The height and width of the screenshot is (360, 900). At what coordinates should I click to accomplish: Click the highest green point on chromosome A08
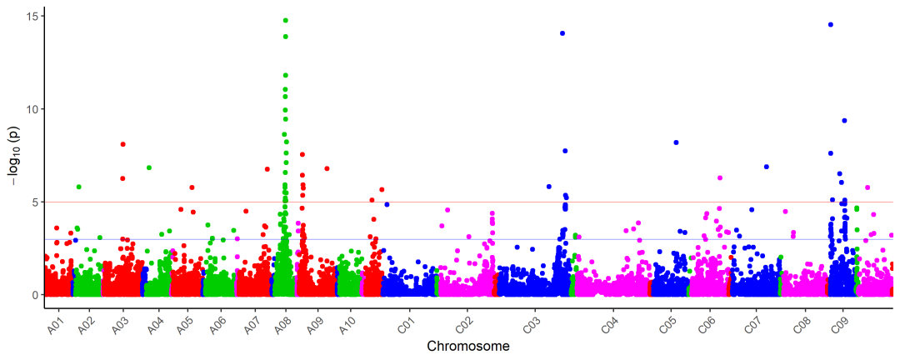286,20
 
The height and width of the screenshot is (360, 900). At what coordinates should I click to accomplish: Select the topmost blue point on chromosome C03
562,33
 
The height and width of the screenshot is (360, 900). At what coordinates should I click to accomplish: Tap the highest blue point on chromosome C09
831,25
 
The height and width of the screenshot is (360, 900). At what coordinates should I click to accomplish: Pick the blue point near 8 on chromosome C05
676,142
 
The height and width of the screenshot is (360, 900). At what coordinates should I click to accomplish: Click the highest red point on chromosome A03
122,144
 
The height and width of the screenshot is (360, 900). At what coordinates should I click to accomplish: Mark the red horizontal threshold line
500,202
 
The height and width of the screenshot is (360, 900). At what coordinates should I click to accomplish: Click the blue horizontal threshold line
500,239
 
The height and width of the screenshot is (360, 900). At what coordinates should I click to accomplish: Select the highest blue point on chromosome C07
767,167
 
